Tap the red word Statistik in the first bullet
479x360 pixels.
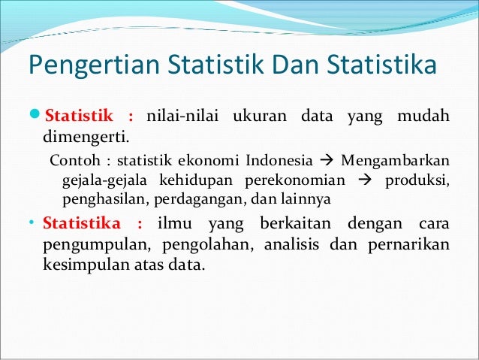click(78, 118)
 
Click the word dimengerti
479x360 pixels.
click(85, 138)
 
